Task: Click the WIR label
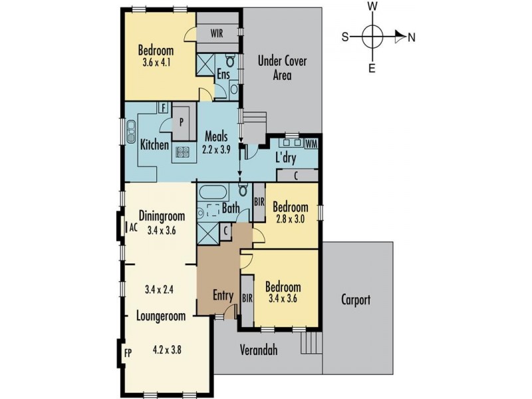(x=217, y=33)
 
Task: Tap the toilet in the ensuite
(x=230, y=61)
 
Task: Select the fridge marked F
(x=164, y=108)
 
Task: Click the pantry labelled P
(x=184, y=122)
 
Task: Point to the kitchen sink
(x=130, y=130)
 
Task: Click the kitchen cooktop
(x=183, y=152)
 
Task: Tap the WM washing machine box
(x=311, y=144)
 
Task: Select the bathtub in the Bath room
(x=213, y=192)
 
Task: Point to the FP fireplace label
(x=128, y=353)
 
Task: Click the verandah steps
(x=311, y=342)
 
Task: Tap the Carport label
(x=356, y=300)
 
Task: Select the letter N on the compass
(x=412, y=37)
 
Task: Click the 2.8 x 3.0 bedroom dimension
(x=290, y=219)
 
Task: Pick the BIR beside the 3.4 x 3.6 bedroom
(x=247, y=298)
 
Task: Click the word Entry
(x=223, y=295)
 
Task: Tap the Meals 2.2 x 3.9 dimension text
(x=216, y=150)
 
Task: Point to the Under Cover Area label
(x=282, y=68)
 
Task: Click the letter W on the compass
(x=372, y=6)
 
